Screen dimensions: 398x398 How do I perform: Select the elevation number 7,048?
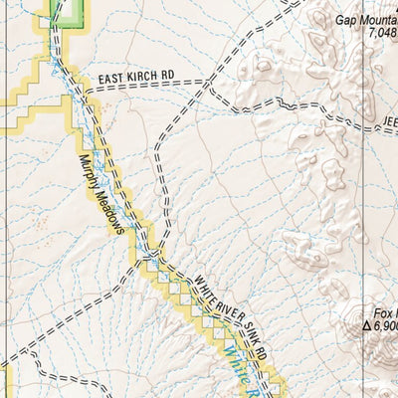pos(382,33)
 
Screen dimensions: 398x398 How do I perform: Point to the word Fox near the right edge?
pos(386,310)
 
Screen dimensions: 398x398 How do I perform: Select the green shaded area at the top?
pos(68,11)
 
